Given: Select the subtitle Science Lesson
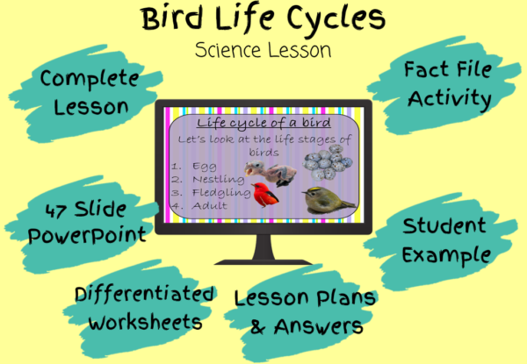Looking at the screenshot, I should (x=263, y=50).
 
